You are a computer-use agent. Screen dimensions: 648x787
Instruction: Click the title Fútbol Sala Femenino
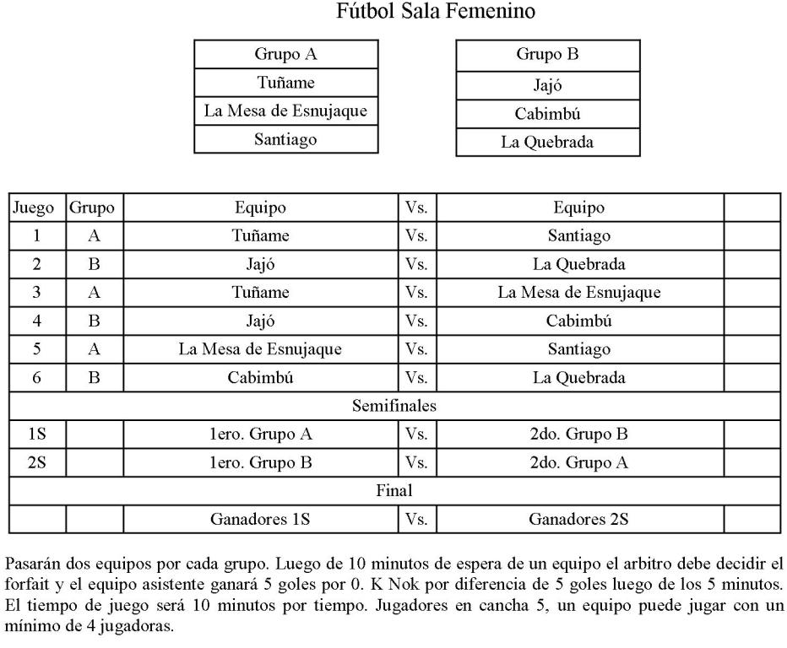[x=435, y=12]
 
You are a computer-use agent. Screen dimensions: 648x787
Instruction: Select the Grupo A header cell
[x=285, y=55]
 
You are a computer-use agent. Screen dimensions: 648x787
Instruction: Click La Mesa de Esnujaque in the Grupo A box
[x=285, y=111]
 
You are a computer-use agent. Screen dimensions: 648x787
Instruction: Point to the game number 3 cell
[x=36, y=293]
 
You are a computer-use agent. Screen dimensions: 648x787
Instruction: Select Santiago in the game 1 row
[x=579, y=236]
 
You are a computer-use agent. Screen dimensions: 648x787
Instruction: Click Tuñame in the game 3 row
[x=260, y=293]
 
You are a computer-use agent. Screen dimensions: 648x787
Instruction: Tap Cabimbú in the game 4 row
[x=579, y=321]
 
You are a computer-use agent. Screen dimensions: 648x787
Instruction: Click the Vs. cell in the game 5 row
[x=416, y=349]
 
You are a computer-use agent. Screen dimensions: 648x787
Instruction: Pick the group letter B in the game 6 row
[x=94, y=378]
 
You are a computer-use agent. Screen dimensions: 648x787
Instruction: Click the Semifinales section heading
[x=393, y=406]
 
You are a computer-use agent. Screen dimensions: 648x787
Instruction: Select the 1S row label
[x=36, y=435]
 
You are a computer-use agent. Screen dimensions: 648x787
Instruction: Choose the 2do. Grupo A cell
[x=579, y=462]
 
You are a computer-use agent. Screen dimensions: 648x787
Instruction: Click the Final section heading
[x=393, y=490]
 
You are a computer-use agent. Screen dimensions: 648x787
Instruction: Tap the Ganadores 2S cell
[x=579, y=519]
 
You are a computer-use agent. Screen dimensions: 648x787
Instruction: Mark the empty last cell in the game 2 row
[x=752, y=264]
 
